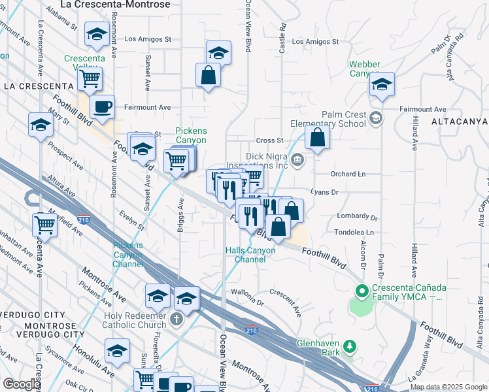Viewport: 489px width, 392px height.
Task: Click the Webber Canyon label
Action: pyautogui.click(x=363, y=69)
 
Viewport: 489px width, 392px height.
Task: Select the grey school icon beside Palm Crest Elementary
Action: pyautogui.click(x=375, y=118)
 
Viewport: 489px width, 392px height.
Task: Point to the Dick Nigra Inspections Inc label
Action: pyautogui.click(x=267, y=161)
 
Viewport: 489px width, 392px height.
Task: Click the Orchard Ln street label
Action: pyautogui.click(x=347, y=174)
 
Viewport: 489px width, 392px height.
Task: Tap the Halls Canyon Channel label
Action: pyautogui.click(x=246, y=255)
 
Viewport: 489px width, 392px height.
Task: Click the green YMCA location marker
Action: pyautogui.click(x=360, y=290)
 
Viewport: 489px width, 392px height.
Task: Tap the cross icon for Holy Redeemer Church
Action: pyautogui.click(x=176, y=320)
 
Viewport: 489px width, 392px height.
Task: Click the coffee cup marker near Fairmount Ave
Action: pyautogui.click(x=102, y=106)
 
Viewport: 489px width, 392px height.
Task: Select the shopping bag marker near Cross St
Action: pyautogui.click(x=317, y=138)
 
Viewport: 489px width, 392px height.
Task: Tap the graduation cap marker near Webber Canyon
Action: pyautogui.click(x=382, y=84)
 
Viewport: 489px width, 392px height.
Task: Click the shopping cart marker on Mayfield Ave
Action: pyautogui.click(x=44, y=225)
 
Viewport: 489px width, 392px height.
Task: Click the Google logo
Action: pyautogui.click(x=21, y=384)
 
